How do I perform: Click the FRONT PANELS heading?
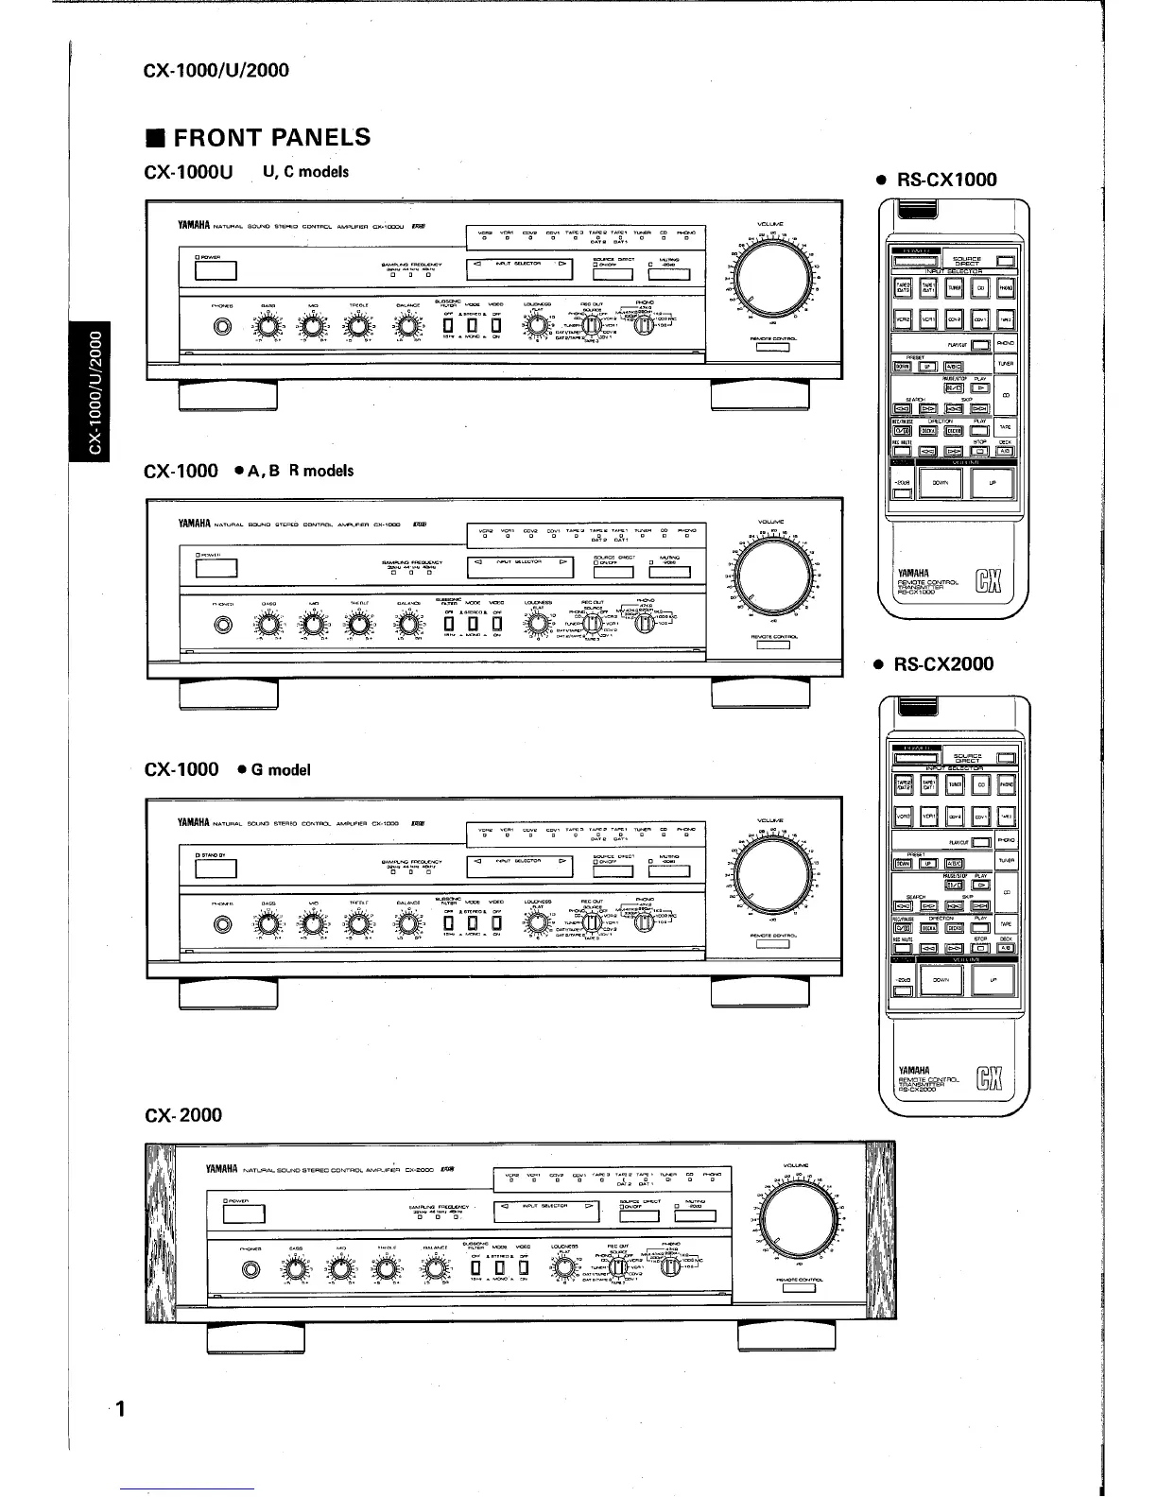(x=257, y=138)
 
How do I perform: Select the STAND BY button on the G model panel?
(x=216, y=869)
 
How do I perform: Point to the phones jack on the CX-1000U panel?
(x=223, y=328)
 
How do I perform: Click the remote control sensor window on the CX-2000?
(x=802, y=1287)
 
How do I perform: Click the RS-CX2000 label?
(x=943, y=664)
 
